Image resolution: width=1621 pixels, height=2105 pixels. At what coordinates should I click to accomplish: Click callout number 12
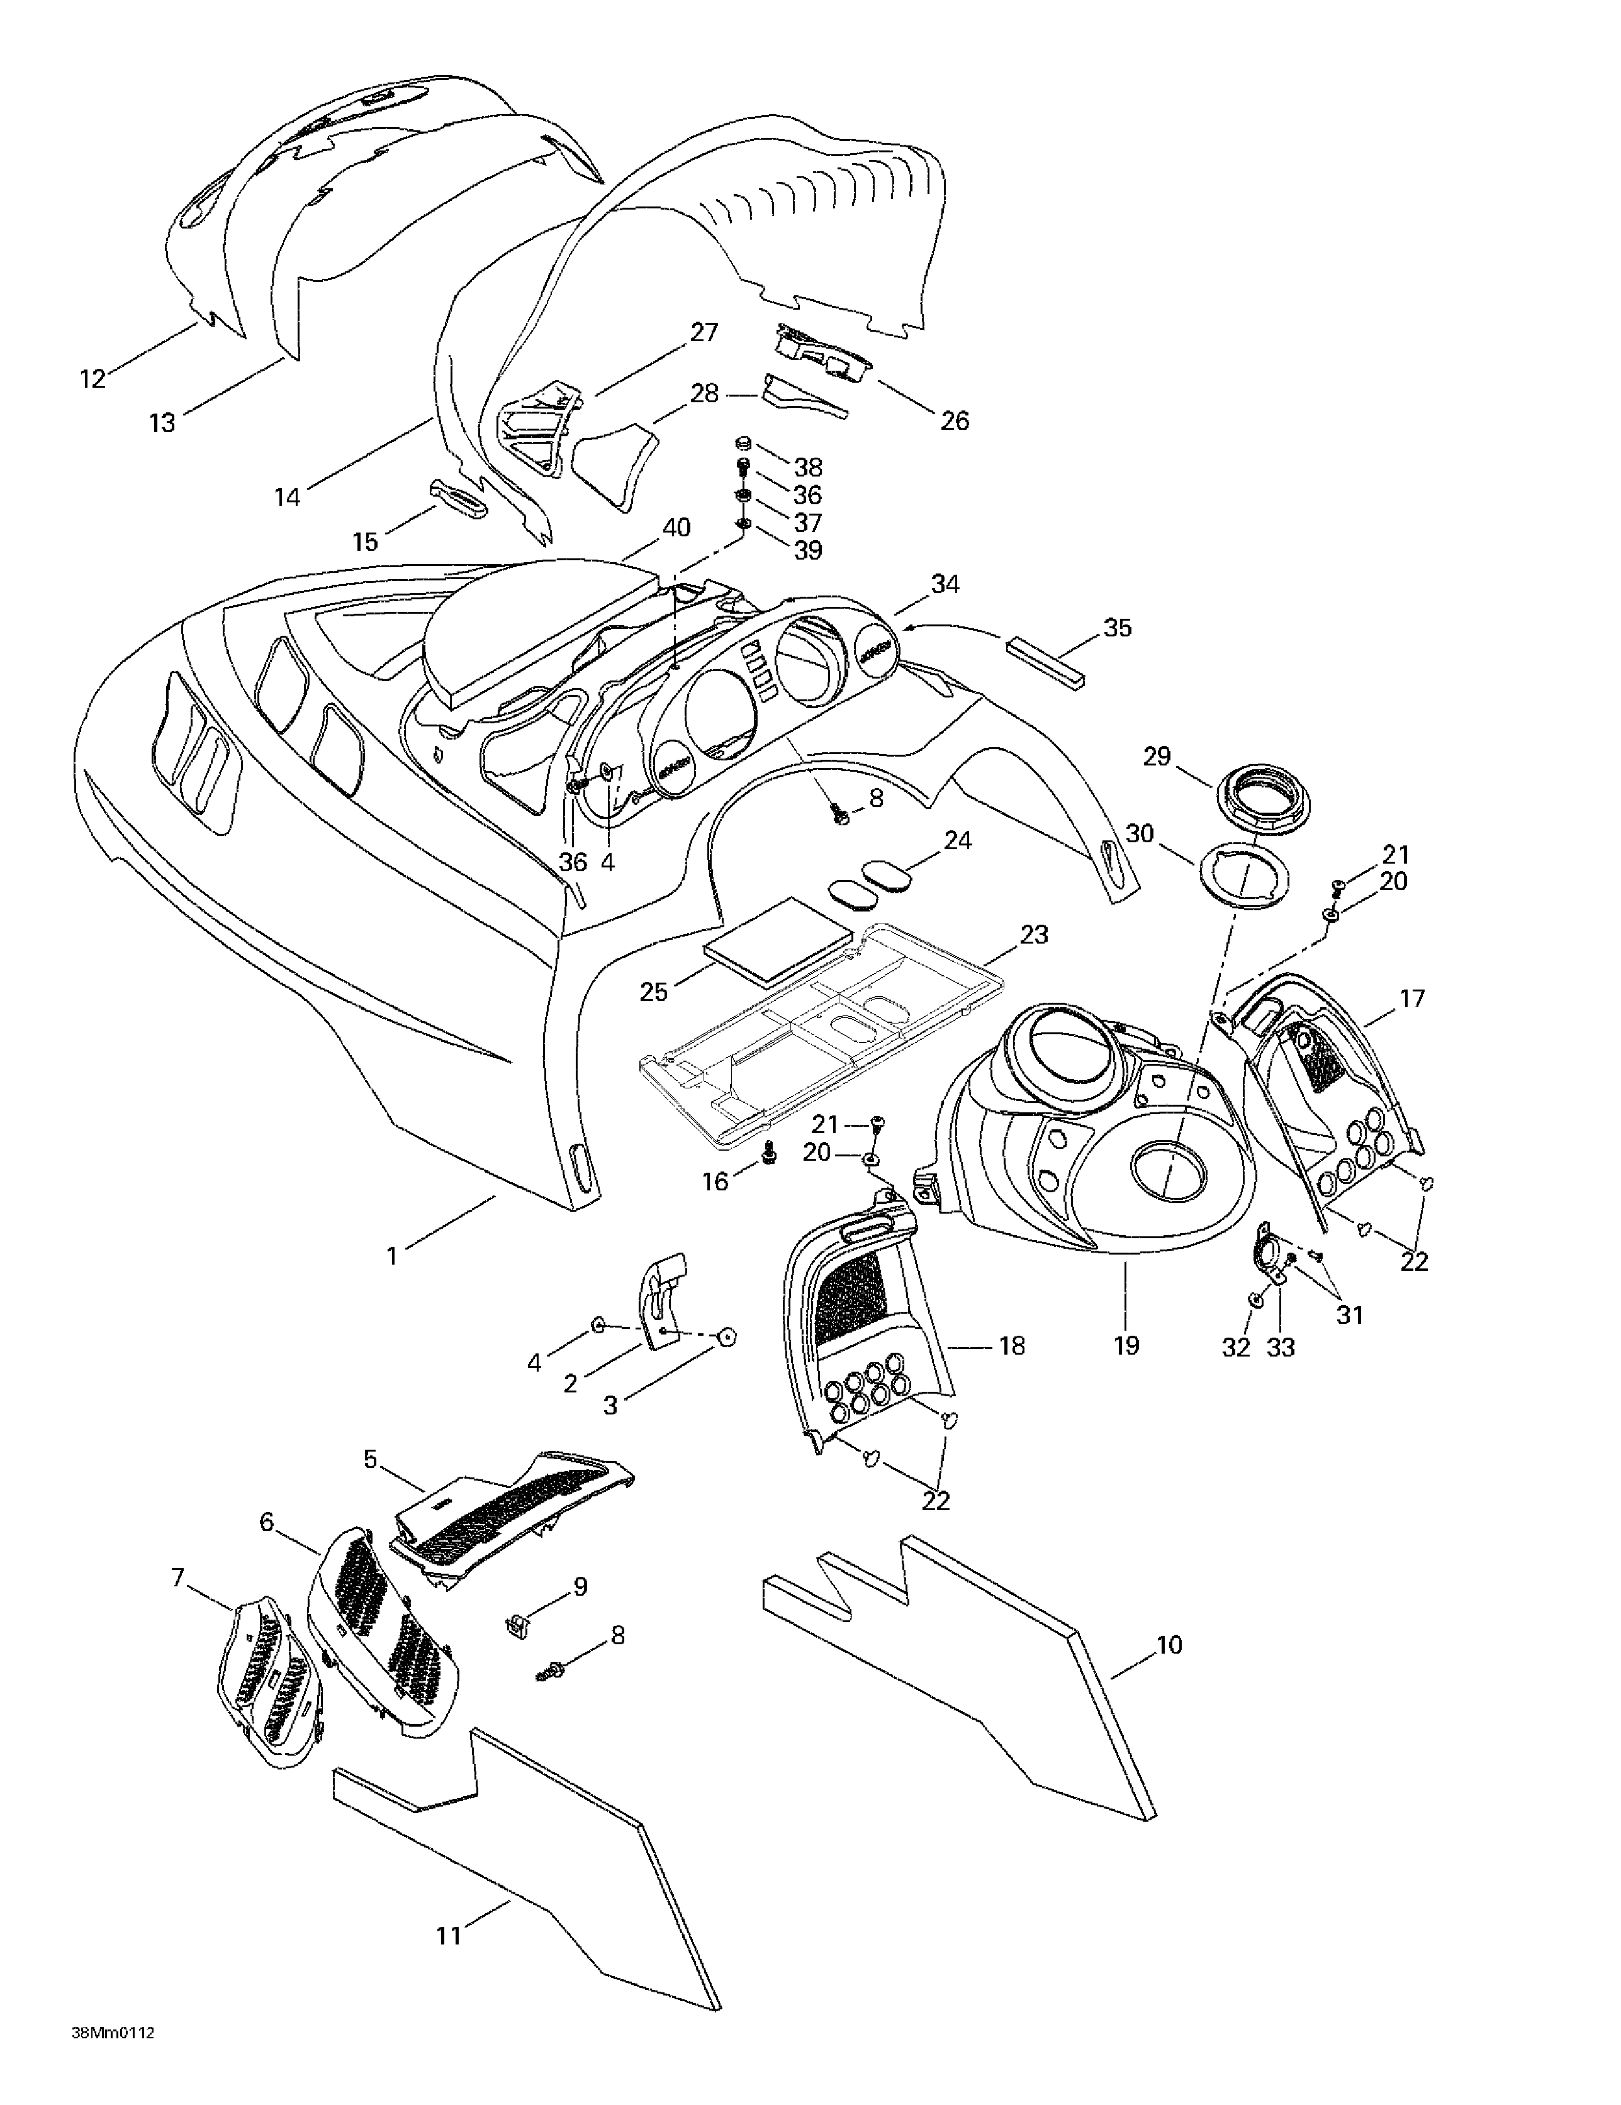(x=93, y=379)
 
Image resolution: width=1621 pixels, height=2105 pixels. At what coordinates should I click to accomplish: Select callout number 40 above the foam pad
(x=676, y=528)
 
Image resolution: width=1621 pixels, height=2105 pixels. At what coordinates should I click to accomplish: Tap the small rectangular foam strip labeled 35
(x=1046, y=662)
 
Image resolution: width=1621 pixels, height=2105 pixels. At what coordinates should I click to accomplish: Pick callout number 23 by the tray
(x=1033, y=934)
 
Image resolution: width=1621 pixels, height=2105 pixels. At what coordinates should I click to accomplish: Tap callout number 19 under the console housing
(x=1126, y=1345)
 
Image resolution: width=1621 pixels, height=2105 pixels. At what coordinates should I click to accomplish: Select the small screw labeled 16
(x=769, y=1153)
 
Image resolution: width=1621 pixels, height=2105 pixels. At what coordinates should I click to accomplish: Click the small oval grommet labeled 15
(x=457, y=497)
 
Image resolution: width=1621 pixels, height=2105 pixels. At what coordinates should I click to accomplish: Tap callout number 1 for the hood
(x=391, y=1257)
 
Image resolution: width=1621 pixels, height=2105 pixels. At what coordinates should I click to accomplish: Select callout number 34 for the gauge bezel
(x=945, y=584)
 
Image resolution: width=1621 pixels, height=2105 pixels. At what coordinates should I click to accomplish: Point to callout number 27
(x=705, y=332)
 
